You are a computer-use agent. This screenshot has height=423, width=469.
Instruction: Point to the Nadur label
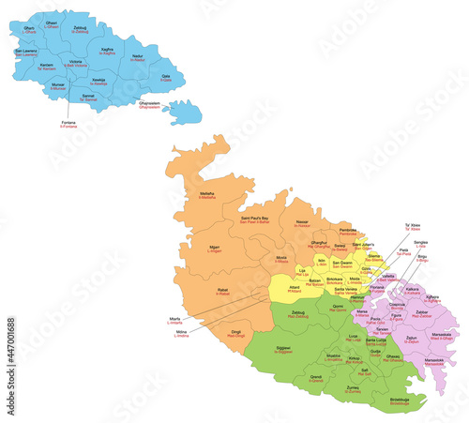click(x=137, y=57)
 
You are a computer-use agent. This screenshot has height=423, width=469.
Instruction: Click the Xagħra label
click(x=108, y=51)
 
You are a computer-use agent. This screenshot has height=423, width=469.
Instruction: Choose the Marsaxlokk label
click(x=433, y=361)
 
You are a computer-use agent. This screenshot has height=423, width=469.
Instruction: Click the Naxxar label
click(x=302, y=223)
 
